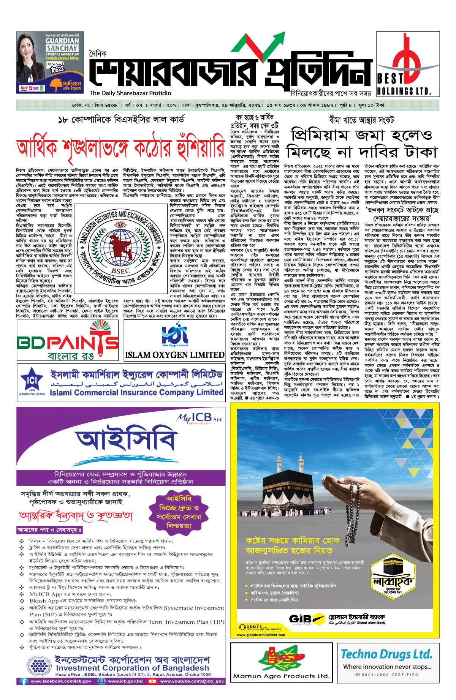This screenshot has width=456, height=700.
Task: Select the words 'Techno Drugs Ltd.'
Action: coord(386,654)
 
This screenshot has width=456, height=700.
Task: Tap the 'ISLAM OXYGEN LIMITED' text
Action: coord(175,355)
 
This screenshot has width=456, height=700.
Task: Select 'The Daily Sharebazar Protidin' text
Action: coord(130,93)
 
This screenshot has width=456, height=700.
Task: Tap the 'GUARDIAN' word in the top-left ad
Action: coord(62,41)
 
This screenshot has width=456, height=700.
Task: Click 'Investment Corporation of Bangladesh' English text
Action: coord(132,668)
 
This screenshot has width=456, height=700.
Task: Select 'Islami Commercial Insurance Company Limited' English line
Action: coord(137,392)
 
